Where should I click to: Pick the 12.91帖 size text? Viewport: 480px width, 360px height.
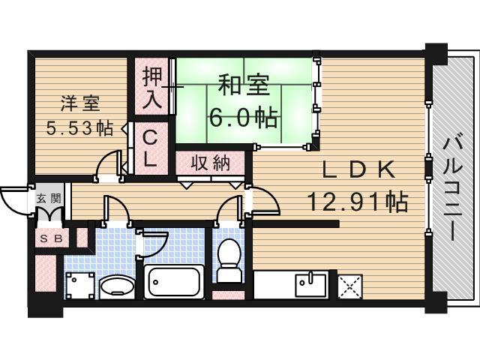[x=357, y=200]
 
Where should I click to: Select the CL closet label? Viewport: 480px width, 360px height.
[x=151, y=148]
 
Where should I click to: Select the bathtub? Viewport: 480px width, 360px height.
[x=172, y=282]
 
